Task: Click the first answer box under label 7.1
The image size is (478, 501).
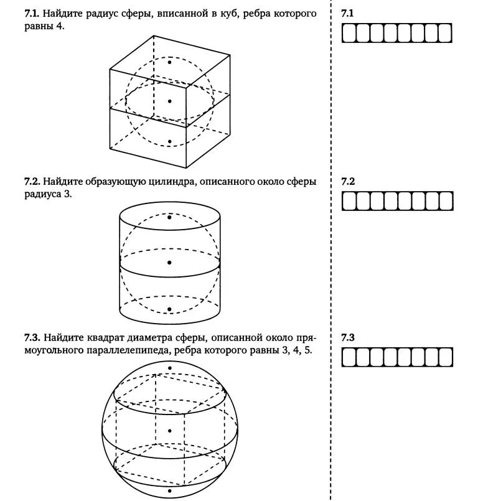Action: pos(349,32)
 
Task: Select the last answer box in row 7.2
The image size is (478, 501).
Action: pos(446,201)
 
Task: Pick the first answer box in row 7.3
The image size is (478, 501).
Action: pos(349,357)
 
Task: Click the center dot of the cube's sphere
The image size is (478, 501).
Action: pos(169,100)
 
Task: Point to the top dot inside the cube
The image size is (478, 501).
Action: pos(169,62)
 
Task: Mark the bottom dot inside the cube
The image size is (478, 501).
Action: pos(169,142)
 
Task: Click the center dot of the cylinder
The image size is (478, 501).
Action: pos(169,263)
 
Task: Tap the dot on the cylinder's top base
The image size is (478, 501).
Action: pos(169,217)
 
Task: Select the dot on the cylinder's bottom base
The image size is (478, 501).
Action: pos(169,309)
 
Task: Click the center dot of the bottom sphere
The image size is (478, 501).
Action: pos(169,431)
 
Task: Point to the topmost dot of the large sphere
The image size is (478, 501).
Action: pos(169,368)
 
